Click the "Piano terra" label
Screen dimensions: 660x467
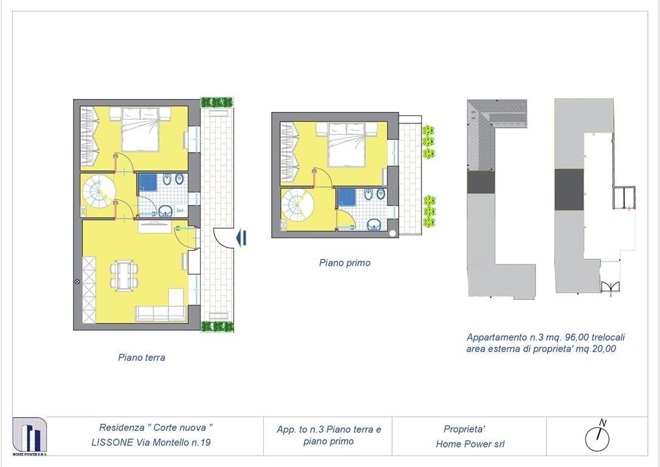[x=142, y=358]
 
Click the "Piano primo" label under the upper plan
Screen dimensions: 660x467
[x=345, y=263]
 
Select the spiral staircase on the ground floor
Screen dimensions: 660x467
[x=98, y=192]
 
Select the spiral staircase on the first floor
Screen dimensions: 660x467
[x=298, y=205]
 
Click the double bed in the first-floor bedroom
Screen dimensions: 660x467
[x=346, y=145]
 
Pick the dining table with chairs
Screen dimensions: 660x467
[x=124, y=275]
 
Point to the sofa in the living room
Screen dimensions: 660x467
[x=160, y=313]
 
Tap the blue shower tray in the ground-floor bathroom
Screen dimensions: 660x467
[x=148, y=182]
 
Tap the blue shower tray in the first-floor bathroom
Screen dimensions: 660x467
[x=347, y=197]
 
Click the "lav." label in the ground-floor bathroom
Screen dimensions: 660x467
[x=180, y=210]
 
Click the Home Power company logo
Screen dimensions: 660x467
[x=29, y=436]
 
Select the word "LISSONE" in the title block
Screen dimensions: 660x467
[x=112, y=443]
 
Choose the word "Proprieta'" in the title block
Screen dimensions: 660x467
[x=464, y=429]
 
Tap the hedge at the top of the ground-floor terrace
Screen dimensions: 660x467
[x=217, y=102]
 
